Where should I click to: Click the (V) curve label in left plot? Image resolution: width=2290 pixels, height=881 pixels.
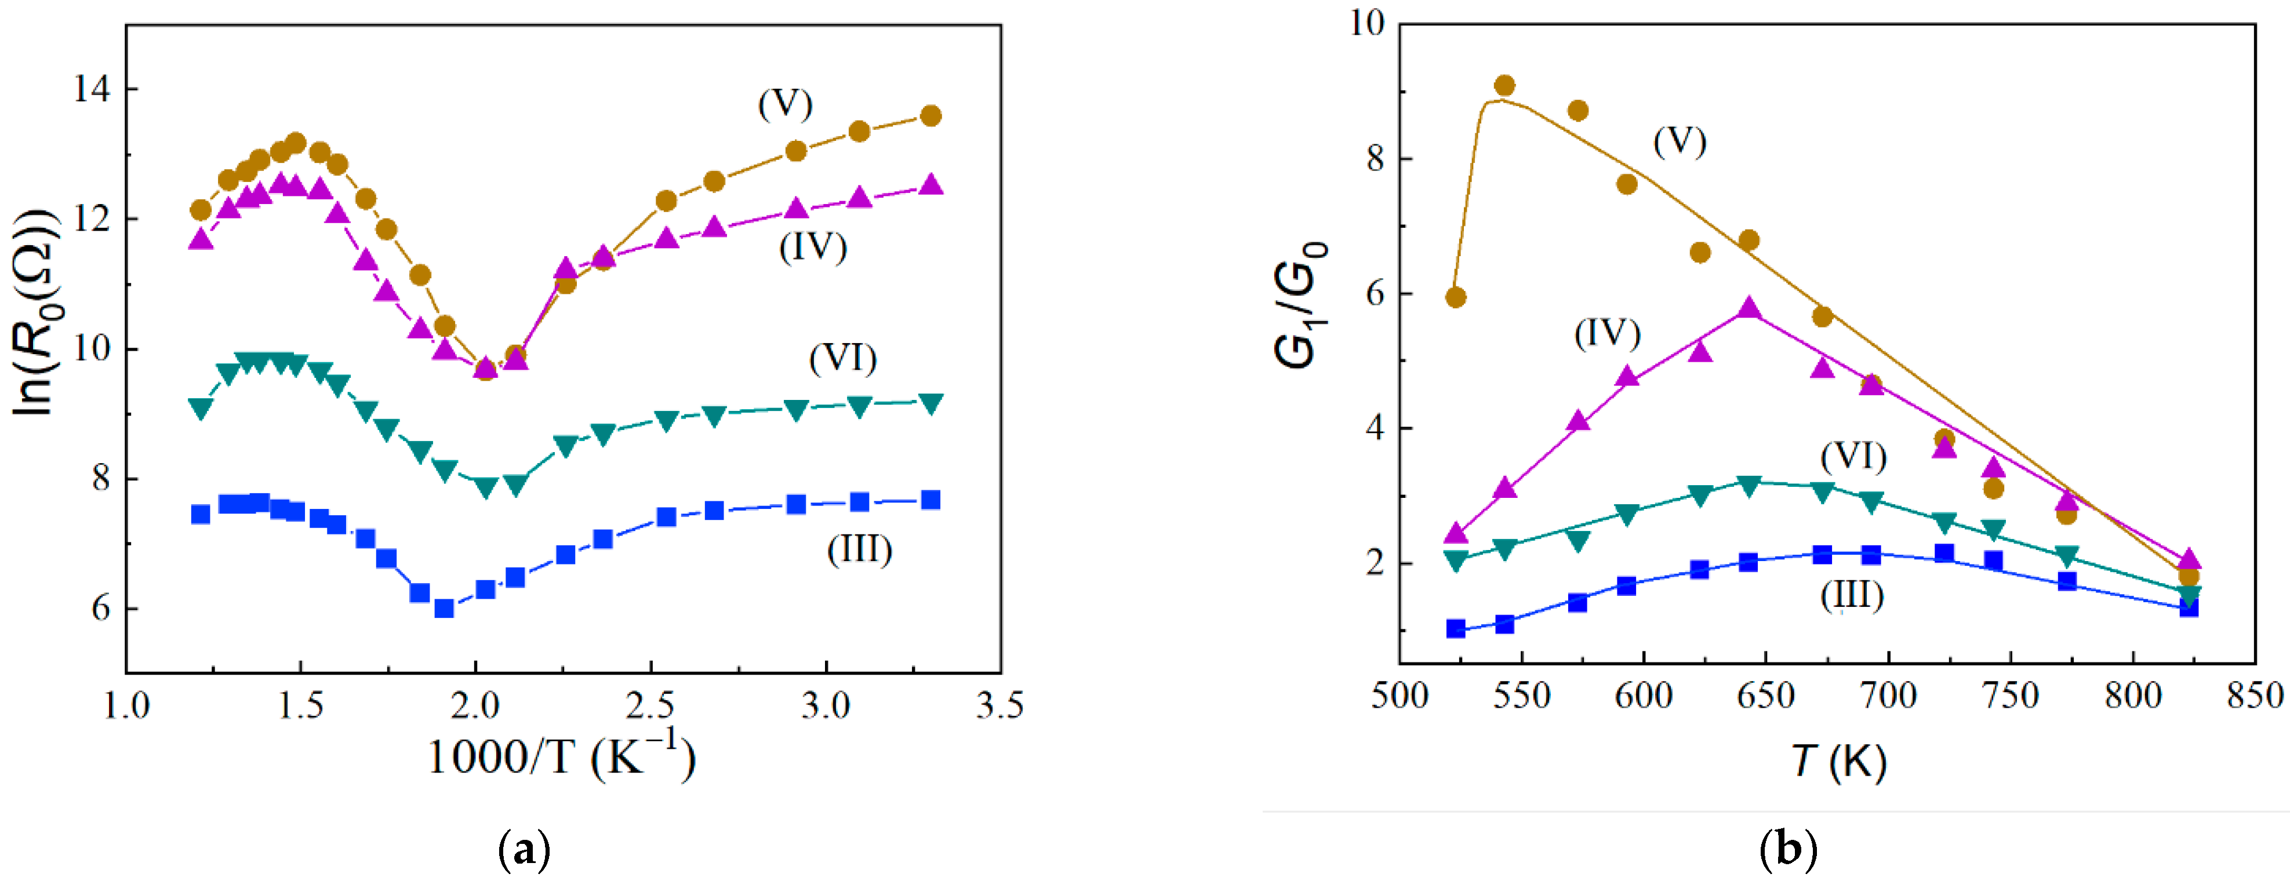(x=785, y=105)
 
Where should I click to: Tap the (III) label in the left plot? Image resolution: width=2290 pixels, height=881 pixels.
(x=859, y=549)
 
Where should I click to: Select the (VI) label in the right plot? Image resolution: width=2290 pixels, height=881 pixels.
(x=1853, y=456)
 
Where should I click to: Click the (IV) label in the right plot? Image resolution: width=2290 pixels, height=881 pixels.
(x=1606, y=333)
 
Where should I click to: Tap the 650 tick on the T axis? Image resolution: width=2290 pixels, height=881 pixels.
(x=1765, y=695)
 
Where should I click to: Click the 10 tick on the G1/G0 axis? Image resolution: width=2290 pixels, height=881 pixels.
(x=1367, y=23)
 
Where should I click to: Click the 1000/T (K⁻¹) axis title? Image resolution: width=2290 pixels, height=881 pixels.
(x=561, y=756)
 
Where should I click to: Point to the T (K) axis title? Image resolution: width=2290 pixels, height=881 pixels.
(x=1838, y=761)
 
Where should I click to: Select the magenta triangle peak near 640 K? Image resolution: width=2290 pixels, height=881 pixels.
(x=1749, y=308)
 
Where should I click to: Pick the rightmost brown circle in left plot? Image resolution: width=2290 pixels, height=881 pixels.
(x=930, y=115)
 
